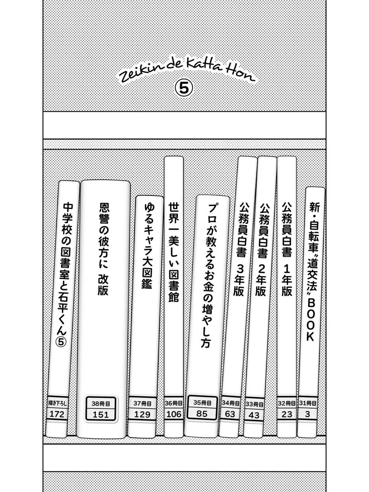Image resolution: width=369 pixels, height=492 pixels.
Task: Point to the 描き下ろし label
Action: coord(58,403)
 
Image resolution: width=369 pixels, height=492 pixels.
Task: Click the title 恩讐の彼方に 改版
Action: coord(104,249)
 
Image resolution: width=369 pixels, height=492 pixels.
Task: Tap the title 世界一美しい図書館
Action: coord(174,252)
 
